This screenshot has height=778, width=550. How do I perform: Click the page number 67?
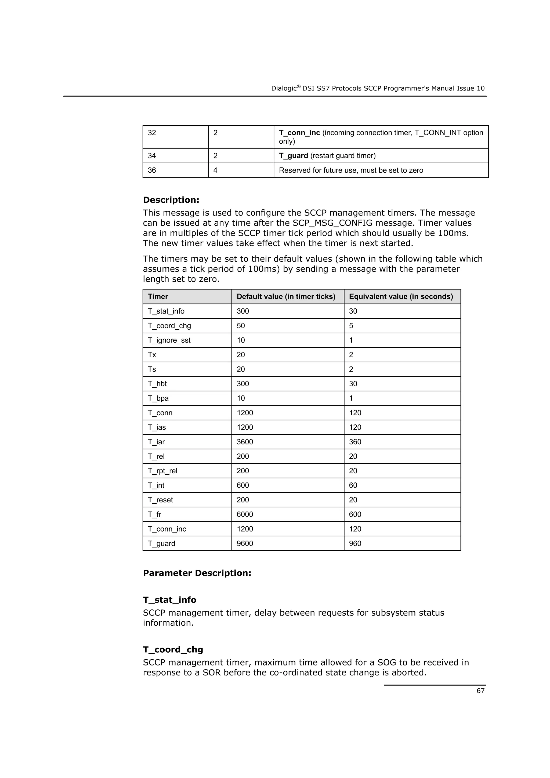point(480,690)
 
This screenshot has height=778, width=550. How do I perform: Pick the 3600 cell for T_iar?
point(245,442)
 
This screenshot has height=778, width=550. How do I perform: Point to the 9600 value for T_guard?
point(245,544)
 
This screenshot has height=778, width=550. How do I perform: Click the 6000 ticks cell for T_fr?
point(245,514)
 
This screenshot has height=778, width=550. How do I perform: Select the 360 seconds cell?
point(355,442)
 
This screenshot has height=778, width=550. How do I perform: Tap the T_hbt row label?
point(157,384)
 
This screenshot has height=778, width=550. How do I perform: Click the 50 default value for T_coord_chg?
point(241,326)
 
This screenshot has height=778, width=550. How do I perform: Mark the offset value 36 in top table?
point(152,170)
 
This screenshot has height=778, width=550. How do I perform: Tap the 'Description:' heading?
point(171,200)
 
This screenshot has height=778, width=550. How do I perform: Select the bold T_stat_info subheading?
point(169,600)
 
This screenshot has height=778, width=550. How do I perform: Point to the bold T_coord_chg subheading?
point(173,650)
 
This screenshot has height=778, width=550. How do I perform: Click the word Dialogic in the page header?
point(284,88)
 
